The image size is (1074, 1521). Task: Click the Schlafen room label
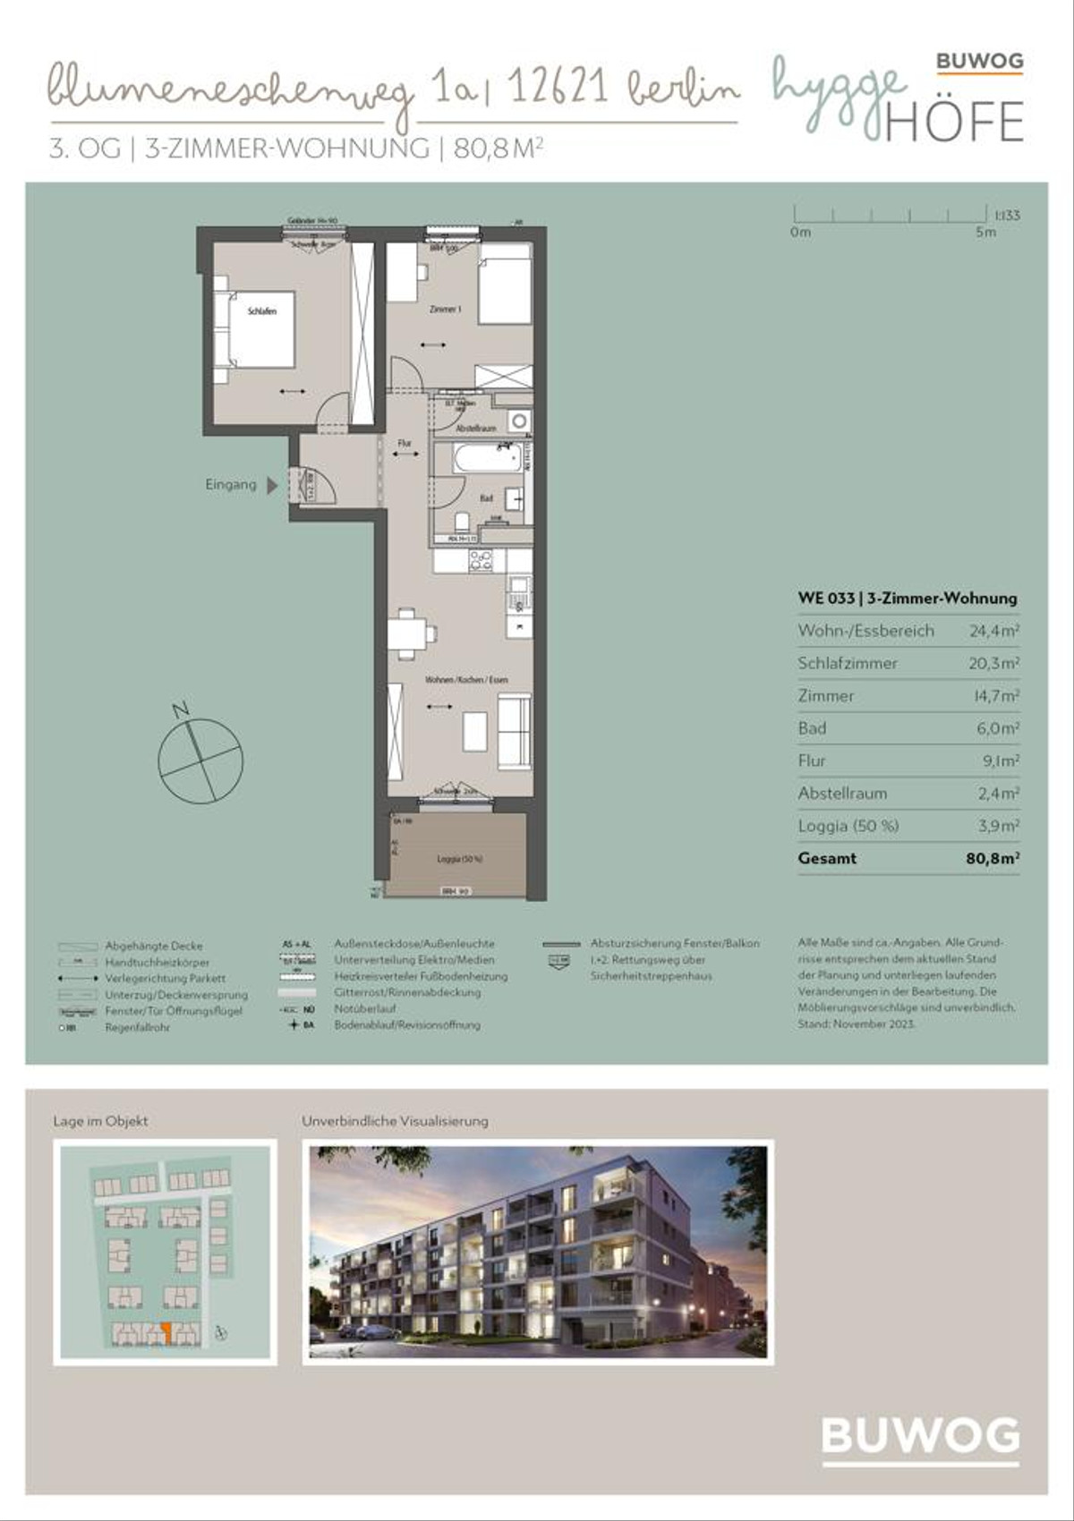point(261,311)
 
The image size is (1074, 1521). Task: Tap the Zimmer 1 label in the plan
point(445,309)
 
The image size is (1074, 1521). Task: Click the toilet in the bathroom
point(463,521)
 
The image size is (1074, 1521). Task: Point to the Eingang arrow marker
point(272,485)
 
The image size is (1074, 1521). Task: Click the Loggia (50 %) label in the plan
point(459,859)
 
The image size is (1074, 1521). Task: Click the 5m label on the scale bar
point(985,232)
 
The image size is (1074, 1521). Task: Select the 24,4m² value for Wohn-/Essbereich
point(993,631)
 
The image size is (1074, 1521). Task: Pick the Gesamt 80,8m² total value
point(992,858)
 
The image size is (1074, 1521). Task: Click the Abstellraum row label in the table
point(842,794)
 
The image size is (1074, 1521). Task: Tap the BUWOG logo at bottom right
point(920,1436)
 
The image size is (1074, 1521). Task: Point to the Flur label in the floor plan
point(405,443)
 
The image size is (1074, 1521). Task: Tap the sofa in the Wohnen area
point(514,727)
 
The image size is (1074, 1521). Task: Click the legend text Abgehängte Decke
point(154,946)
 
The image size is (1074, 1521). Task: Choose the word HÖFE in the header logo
point(954,123)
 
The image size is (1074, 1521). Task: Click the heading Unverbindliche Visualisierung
point(395,1121)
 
